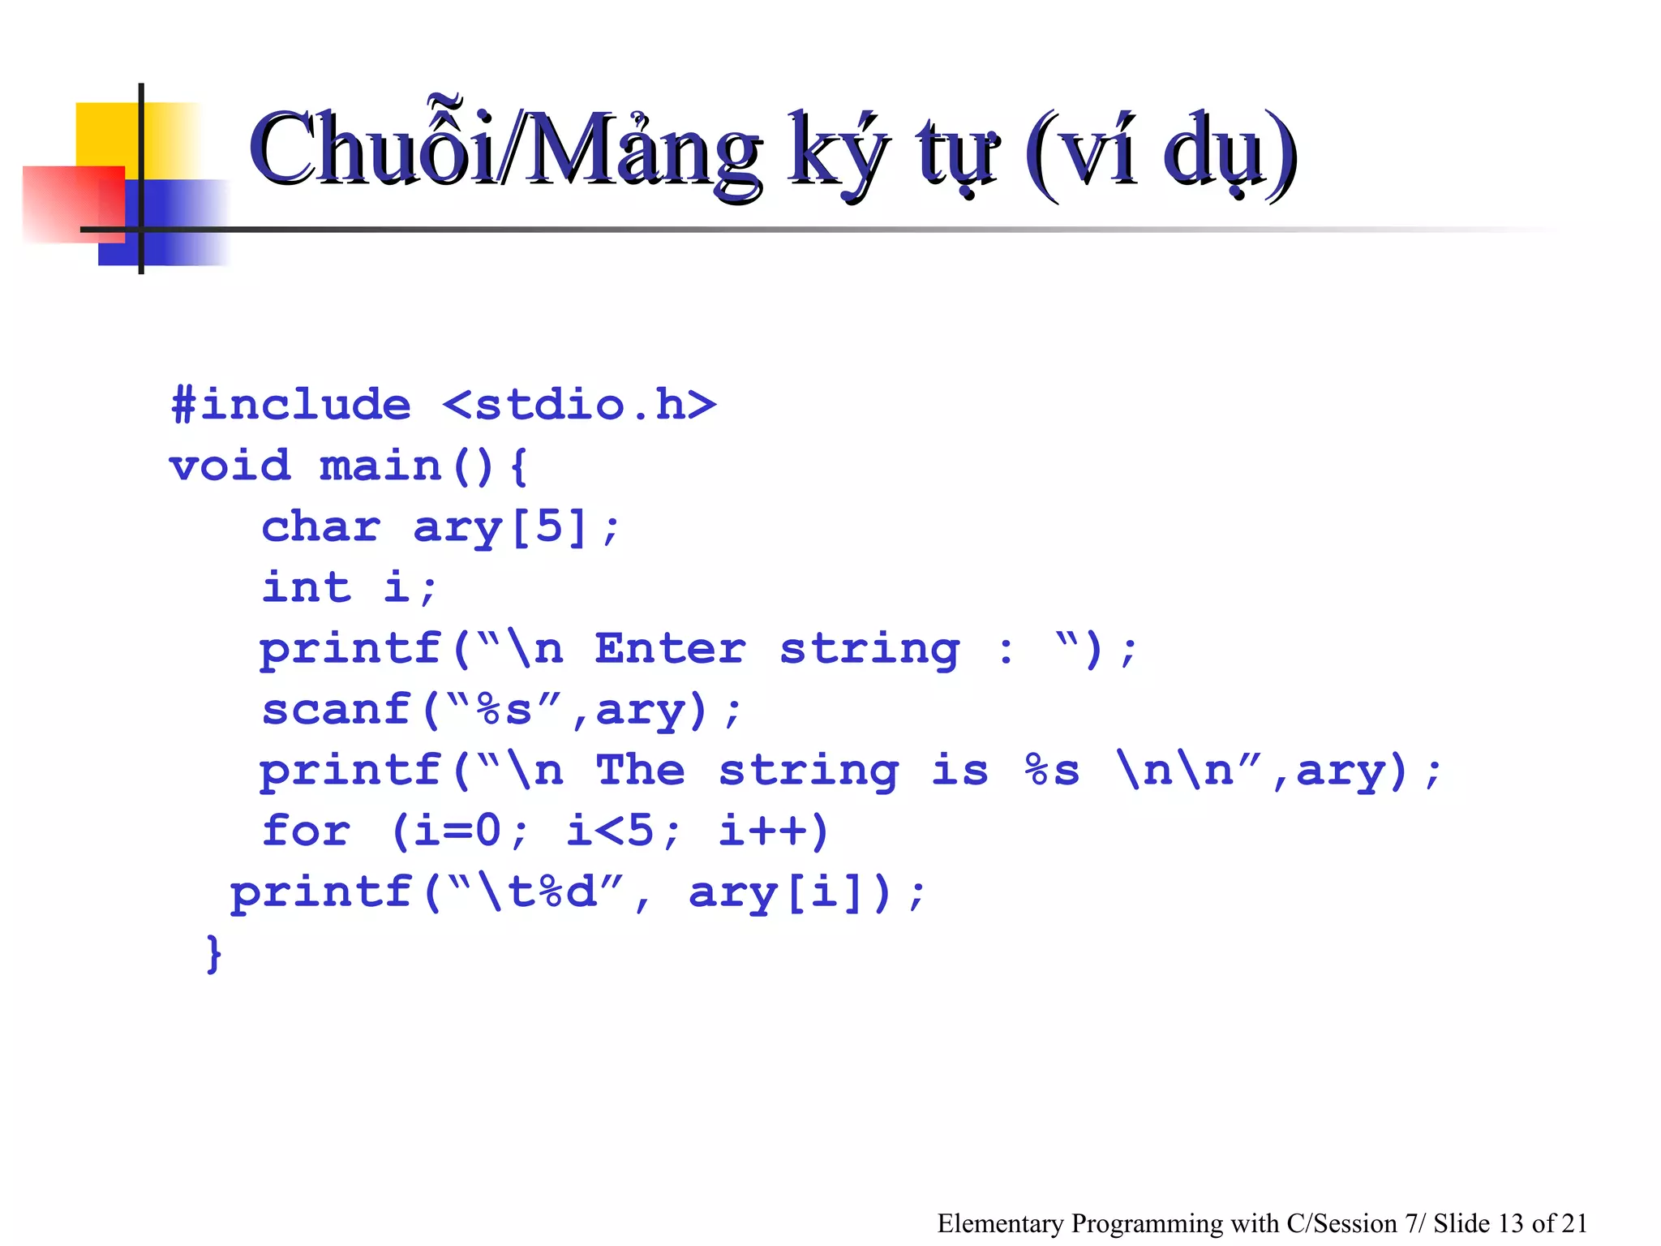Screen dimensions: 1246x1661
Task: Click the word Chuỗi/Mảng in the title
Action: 504,151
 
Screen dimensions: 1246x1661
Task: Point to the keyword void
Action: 230,466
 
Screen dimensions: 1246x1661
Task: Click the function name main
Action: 380,466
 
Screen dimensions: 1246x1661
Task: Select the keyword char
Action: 321,526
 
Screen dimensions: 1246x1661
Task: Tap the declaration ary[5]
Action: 500,527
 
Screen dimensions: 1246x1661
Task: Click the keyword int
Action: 307,587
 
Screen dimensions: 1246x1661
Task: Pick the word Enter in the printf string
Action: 670,648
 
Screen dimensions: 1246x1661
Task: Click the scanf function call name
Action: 337,709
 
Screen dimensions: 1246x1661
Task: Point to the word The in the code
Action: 640,770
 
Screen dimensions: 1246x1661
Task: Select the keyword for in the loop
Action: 307,831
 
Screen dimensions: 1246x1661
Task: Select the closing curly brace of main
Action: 213,953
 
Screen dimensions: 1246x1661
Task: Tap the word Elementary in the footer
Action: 1000,1222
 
